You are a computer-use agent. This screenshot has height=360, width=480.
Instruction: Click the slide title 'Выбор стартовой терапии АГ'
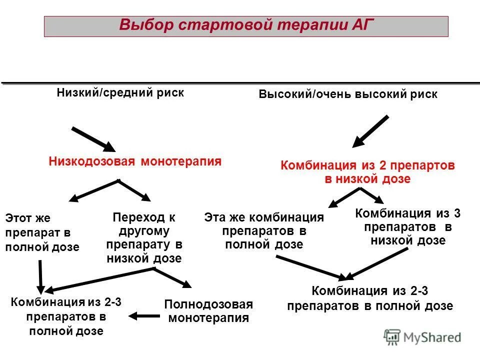point(246,25)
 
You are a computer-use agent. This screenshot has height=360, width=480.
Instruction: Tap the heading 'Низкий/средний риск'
point(120,92)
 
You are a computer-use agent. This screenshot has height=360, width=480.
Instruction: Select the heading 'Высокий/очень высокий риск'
point(348,94)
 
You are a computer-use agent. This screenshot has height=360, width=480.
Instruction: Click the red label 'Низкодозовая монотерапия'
point(135,161)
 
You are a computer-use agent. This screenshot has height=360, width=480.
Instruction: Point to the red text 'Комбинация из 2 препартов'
point(368,166)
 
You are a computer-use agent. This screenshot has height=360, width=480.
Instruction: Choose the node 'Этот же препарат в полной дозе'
point(42,232)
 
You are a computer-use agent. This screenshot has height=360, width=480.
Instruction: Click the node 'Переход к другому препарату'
point(144,238)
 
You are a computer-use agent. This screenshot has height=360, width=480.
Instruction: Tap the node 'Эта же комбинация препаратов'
point(264,231)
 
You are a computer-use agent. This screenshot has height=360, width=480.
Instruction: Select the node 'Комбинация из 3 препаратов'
point(407,226)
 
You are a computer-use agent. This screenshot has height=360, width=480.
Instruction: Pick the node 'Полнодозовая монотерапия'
point(208,311)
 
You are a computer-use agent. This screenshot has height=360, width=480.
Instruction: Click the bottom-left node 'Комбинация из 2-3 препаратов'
point(66,315)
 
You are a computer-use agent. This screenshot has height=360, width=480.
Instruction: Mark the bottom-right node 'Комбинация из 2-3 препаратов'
point(370,298)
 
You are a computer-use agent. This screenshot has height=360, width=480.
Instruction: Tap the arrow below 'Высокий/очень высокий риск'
point(370,131)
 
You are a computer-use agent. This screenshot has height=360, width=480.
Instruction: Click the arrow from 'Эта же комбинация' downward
point(310,267)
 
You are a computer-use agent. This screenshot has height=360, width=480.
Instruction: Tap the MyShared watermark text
point(432,337)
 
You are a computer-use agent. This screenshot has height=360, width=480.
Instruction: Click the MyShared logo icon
point(392,337)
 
